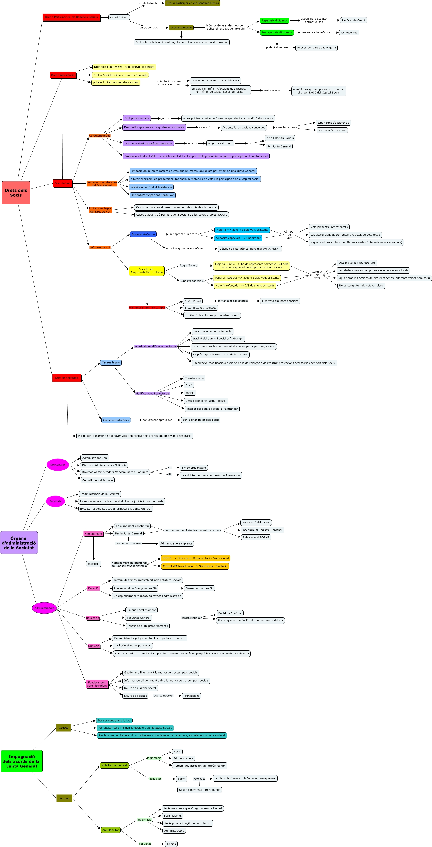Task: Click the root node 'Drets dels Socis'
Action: (16, 193)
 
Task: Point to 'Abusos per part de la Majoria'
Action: (316, 48)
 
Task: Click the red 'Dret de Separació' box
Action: (67, 378)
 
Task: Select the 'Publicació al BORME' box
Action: (256, 538)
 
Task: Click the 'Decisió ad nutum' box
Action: (229, 613)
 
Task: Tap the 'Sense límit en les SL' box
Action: (199, 588)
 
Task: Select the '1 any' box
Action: (181, 779)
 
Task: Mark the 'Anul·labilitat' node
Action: (110, 830)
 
